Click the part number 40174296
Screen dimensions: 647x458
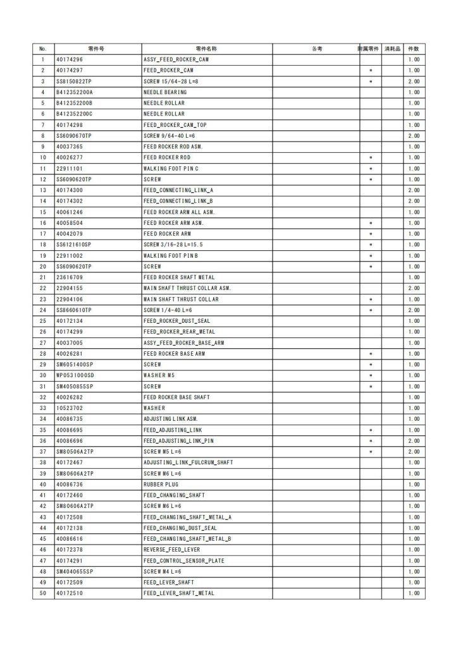[69, 59]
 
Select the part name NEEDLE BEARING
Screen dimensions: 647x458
[164, 92]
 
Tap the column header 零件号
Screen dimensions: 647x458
[97, 49]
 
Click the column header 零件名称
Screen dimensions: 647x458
[207, 49]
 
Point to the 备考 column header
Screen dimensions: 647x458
[316, 49]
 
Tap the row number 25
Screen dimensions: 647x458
[43, 321]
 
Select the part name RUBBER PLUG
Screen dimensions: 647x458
[162, 485]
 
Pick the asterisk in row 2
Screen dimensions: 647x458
[371, 70]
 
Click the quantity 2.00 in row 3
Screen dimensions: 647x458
[414, 82]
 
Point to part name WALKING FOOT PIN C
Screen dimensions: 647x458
[171, 169]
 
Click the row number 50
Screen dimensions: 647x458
[43, 593]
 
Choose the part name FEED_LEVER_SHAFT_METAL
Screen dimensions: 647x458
[178, 593]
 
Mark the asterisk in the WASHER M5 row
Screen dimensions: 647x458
[371, 375]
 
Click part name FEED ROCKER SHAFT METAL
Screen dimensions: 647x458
[178, 277]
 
